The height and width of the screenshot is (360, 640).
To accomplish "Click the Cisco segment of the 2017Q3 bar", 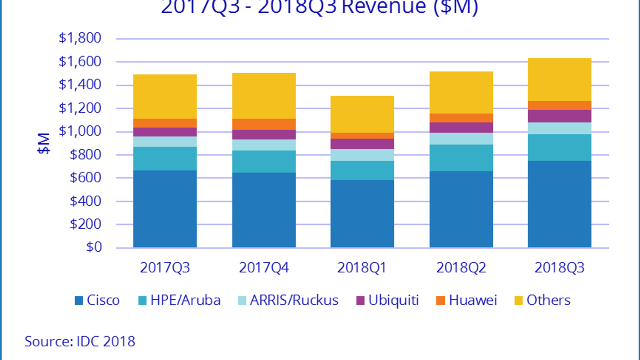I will click(x=165, y=209).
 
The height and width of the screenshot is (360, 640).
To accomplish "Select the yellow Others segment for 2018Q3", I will click(x=559, y=80).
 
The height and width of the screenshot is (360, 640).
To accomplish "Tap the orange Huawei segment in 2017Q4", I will click(x=264, y=124).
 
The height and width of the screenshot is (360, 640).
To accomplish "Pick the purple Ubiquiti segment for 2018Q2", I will click(x=461, y=128).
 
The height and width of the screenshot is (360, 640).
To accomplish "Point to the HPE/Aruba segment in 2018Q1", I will click(x=362, y=170).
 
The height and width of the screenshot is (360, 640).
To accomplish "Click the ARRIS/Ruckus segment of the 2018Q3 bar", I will click(x=559, y=128).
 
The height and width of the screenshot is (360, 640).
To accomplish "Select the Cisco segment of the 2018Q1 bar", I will click(x=362, y=214).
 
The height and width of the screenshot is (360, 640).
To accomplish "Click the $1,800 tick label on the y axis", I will click(x=80, y=38).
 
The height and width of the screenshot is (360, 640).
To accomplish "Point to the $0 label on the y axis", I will click(x=94, y=247).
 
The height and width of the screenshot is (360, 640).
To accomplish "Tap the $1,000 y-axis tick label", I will click(x=80, y=131).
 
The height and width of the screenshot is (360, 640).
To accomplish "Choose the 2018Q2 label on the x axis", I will click(x=461, y=268).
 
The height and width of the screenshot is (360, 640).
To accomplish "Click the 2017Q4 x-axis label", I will click(x=264, y=268).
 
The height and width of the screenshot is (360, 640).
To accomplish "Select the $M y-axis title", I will click(x=44, y=143).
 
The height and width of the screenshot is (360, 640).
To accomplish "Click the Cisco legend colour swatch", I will click(x=79, y=300).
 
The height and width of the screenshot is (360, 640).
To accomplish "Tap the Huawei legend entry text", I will click(x=473, y=300).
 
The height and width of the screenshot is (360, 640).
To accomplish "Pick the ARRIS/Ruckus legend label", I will click(x=294, y=300).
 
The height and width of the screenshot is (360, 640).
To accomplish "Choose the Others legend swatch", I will click(x=518, y=300).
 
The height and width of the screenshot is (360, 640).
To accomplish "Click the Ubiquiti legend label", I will click(x=393, y=300).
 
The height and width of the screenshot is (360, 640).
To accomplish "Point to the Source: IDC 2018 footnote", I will click(x=80, y=341).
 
